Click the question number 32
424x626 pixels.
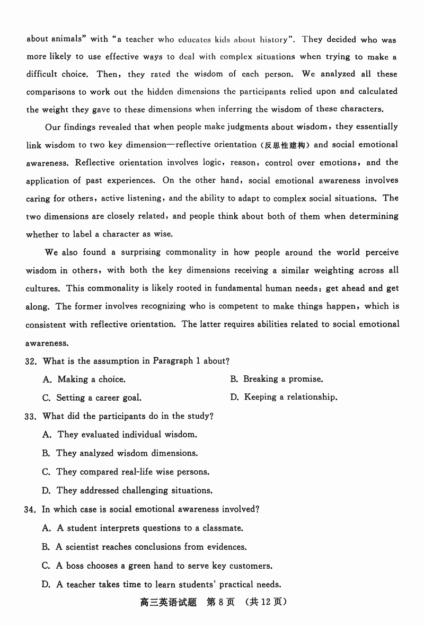click(30, 361)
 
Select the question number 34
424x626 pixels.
click(30, 509)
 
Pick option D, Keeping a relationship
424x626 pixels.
click(283, 397)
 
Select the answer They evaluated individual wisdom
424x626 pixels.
click(120, 435)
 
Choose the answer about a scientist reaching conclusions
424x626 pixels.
click(144, 546)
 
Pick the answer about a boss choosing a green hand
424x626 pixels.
click(157, 566)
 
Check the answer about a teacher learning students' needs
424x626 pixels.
click(161, 585)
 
